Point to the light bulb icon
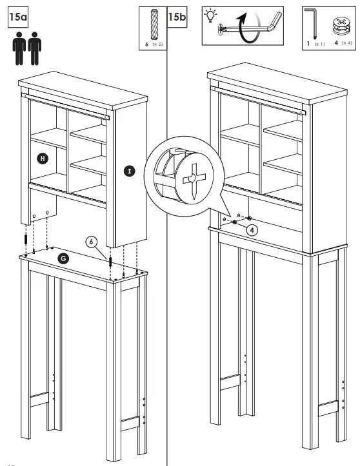[x=212, y=15]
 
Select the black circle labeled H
[x=41, y=157]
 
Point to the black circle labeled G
[x=63, y=258]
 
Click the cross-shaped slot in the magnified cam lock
[x=193, y=177]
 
